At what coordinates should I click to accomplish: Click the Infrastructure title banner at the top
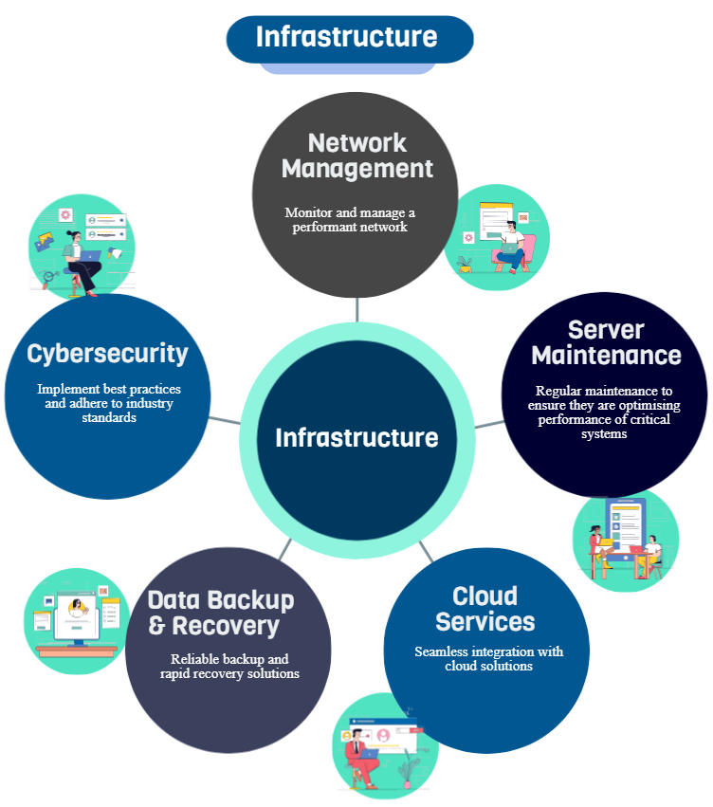(349, 38)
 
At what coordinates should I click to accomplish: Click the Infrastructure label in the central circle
(356, 437)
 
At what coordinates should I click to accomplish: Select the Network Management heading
(357, 156)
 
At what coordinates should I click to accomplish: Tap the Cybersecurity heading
(107, 354)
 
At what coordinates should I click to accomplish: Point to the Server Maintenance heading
(606, 343)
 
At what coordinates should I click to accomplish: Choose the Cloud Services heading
(485, 610)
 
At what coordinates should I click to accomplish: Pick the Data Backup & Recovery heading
(221, 614)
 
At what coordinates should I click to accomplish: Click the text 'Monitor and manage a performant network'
(350, 220)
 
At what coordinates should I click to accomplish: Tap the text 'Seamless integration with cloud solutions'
(488, 659)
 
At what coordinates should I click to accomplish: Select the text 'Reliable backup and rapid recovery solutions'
(229, 667)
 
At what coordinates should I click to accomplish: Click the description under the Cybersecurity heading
(109, 403)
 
